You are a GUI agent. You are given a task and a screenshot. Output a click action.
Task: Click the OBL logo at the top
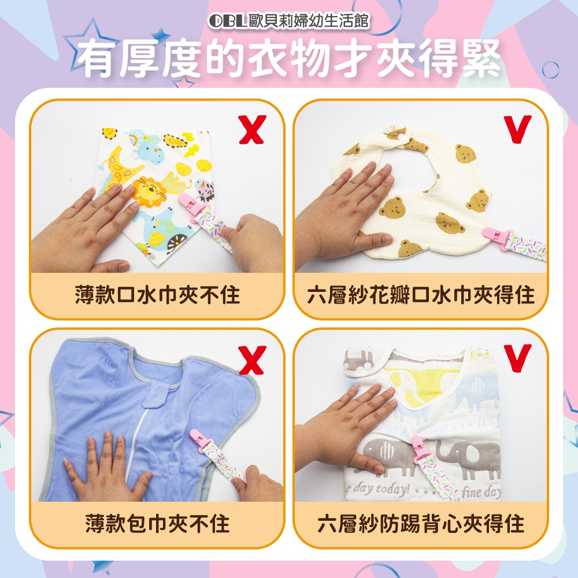[x=227, y=21]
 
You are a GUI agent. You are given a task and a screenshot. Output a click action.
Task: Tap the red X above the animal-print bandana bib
[x=252, y=129]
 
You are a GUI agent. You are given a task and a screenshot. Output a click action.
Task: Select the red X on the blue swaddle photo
[x=252, y=360]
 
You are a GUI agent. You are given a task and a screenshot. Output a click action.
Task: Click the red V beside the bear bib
[x=518, y=129]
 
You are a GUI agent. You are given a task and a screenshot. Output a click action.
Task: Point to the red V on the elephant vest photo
[x=518, y=358]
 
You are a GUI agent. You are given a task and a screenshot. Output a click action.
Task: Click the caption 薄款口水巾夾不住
[x=157, y=295]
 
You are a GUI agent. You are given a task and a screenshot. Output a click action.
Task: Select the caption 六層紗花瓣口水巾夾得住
[x=421, y=295]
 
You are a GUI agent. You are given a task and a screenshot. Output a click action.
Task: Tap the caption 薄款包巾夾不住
[x=157, y=524]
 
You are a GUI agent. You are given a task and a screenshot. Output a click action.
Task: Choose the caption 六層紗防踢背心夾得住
[x=421, y=524]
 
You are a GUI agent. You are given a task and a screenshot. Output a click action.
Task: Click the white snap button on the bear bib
[x=399, y=136]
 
